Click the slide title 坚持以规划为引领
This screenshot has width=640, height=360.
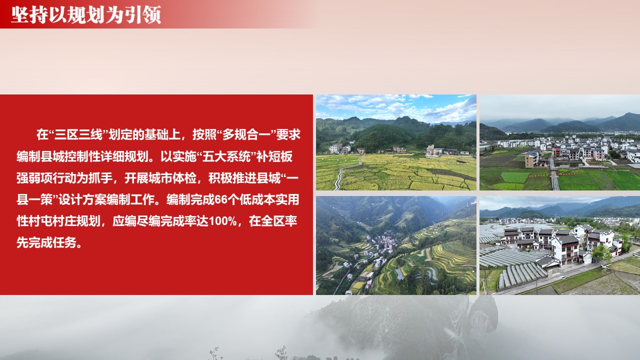pos(86,15)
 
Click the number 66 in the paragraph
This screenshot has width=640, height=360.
pos(221,199)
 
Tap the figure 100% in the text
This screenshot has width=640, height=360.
pos(223,221)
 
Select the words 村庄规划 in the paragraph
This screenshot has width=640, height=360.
pos(76,221)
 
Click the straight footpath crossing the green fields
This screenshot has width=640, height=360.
pos(553,174)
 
